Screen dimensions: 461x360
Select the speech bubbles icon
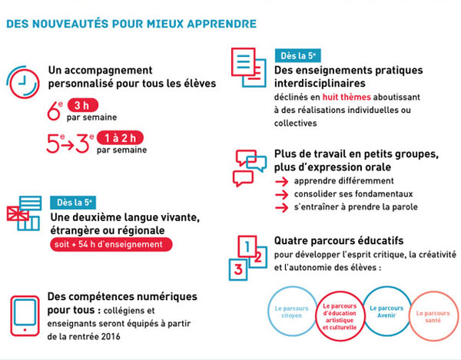(250, 167)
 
